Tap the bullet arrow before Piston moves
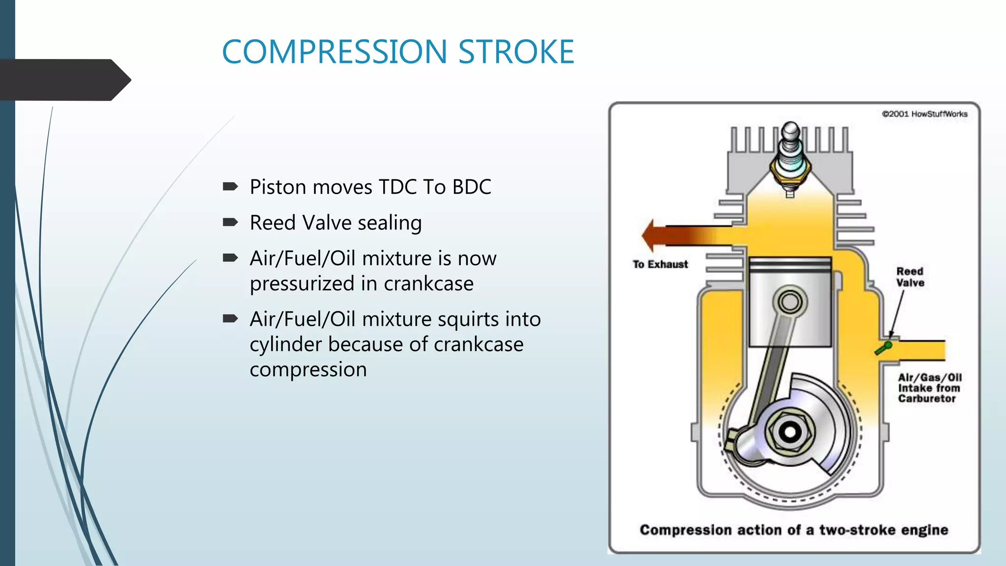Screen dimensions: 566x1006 coord(230,187)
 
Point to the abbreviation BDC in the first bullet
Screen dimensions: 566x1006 coord(471,187)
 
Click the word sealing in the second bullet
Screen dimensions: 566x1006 coord(390,224)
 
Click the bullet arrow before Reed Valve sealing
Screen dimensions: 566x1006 coord(230,223)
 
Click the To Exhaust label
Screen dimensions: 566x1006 coord(660,264)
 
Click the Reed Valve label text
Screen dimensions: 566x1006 coord(910,277)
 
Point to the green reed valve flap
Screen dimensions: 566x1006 coord(883,349)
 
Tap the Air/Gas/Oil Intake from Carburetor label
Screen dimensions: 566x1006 coord(929,388)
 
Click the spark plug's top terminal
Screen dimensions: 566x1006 coord(791,131)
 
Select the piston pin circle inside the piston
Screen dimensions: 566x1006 coord(790,301)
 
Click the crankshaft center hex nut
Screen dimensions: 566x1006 coord(790,432)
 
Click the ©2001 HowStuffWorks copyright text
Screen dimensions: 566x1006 coord(924,114)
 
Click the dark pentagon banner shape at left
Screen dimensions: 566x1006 coord(64,80)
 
